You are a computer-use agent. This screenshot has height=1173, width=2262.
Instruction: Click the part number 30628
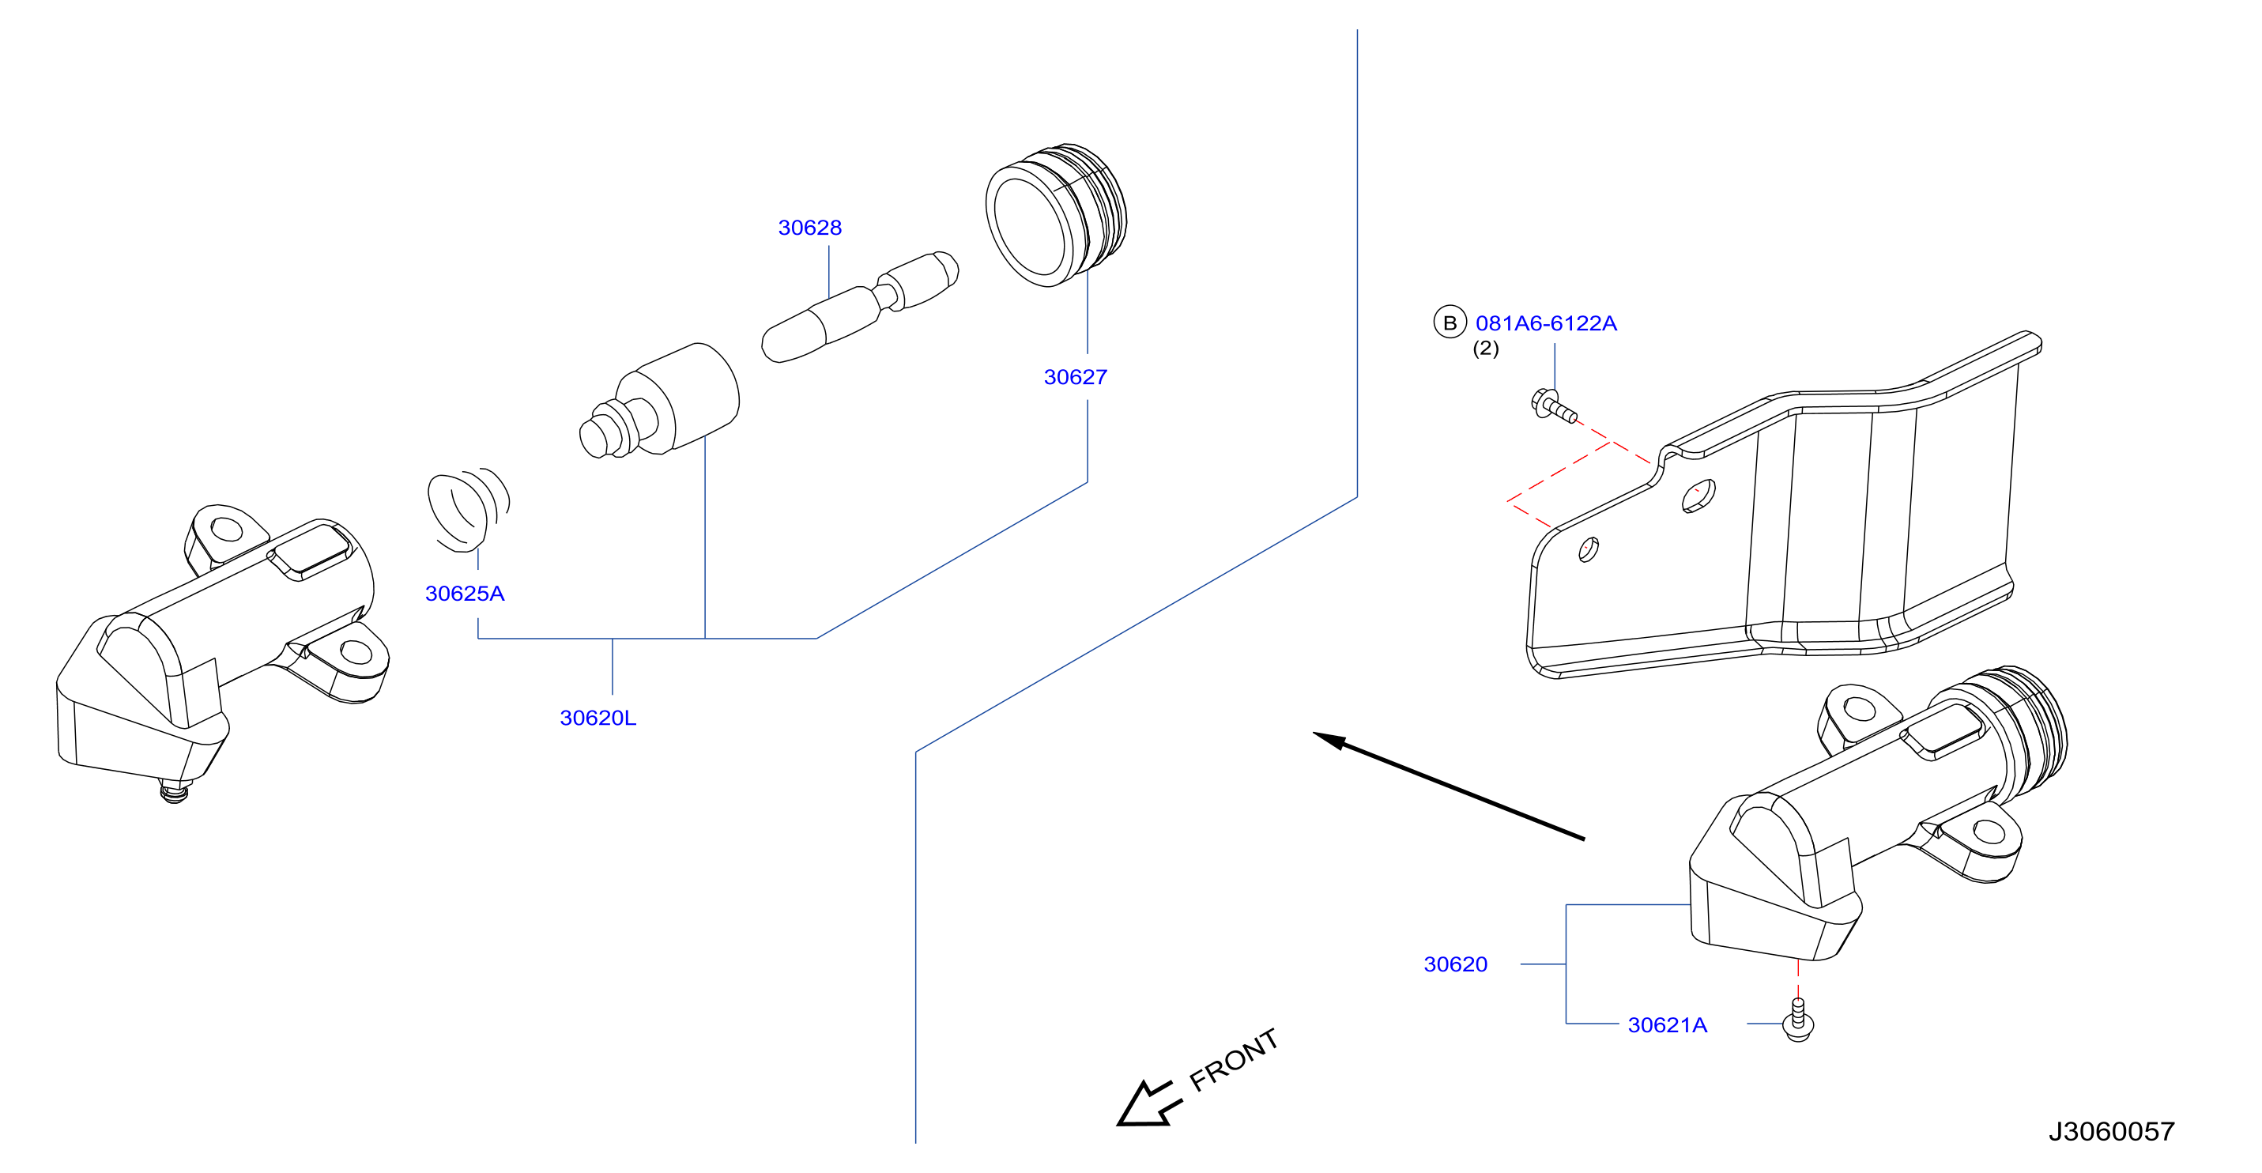tap(809, 228)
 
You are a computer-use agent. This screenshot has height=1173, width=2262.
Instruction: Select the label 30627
tap(1075, 377)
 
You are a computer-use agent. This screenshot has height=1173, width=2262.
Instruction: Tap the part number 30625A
tap(465, 594)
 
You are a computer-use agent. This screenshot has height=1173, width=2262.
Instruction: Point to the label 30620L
tap(598, 718)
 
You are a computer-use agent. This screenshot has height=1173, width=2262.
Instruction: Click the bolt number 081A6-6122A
tap(1545, 323)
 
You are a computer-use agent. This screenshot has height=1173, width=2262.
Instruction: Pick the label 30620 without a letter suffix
tap(1455, 964)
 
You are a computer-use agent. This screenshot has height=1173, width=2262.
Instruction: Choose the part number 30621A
tap(1667, 1024)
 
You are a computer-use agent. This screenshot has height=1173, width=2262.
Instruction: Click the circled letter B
tap(1450, 322)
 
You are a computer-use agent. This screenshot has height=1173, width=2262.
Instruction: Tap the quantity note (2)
tap(1486, 349)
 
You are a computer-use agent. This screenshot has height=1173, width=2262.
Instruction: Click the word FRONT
tap(1233, 1060)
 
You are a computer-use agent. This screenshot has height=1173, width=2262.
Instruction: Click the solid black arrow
tap(1449, 786)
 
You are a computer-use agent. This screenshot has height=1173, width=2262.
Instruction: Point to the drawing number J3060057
tap(2111, 1131)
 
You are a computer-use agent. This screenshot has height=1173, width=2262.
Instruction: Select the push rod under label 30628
tap(860, 307)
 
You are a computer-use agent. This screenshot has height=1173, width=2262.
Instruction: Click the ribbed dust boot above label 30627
tap(1055, 215)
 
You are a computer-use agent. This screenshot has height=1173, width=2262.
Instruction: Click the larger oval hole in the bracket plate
tap(1698, 496)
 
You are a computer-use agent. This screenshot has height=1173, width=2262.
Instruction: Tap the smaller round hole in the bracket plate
tap(1588, 549)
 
